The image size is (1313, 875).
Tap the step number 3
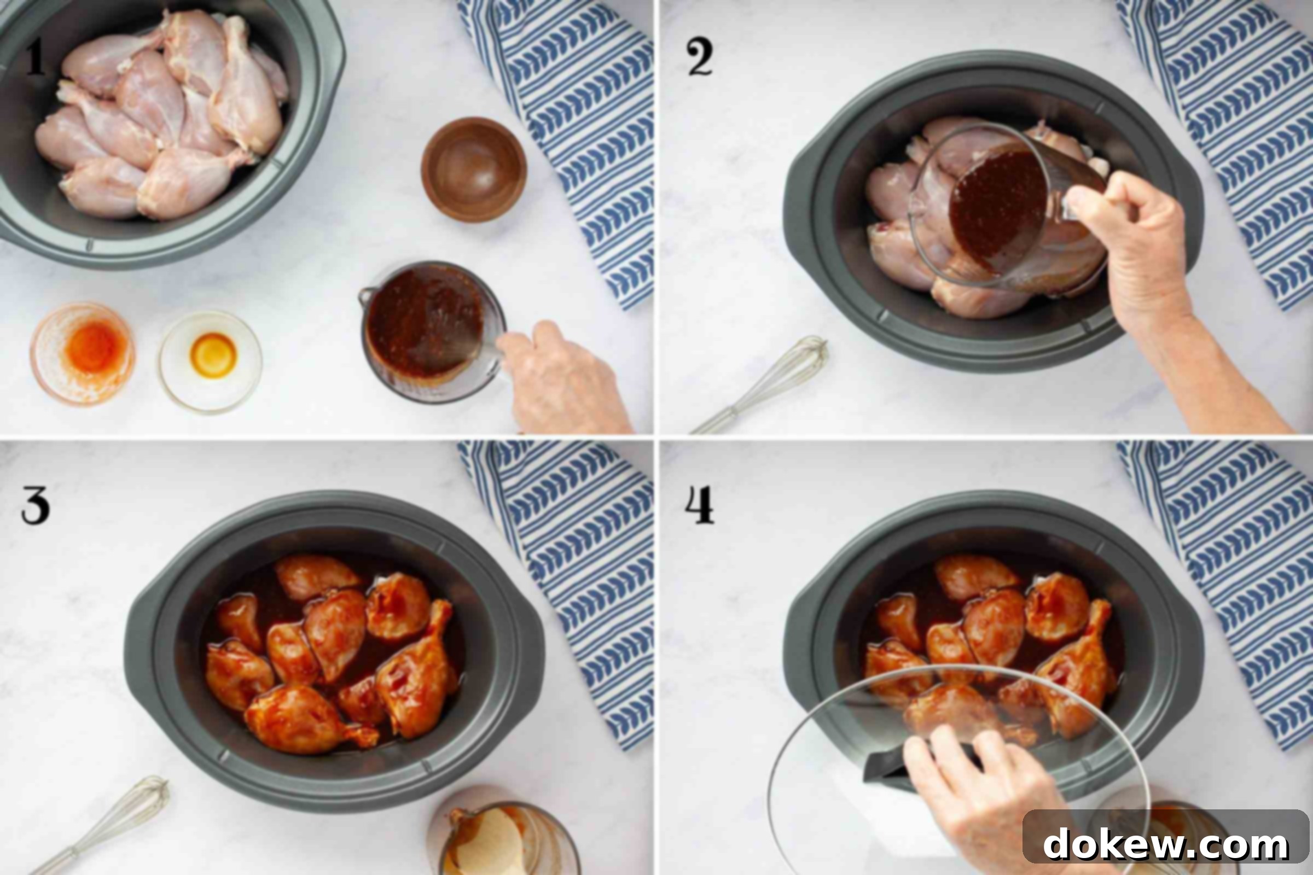coord(35,505)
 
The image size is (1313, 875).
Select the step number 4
coord(700,505)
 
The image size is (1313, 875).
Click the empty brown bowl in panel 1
coord(473,170)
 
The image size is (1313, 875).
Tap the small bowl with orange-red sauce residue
coord(83,353)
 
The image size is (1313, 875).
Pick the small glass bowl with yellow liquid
coord(211,360)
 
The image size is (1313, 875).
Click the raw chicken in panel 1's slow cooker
coord(162,114)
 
